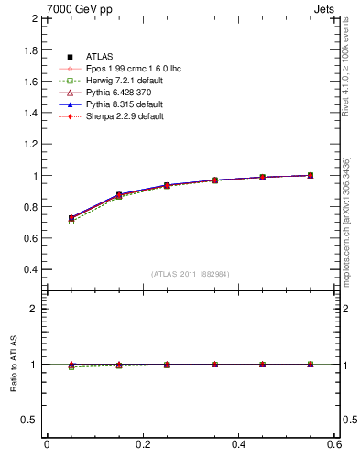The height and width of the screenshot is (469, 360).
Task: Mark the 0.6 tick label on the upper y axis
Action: click(x=29, y=239)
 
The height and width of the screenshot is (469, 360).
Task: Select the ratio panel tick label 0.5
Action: click(x=29, y=420)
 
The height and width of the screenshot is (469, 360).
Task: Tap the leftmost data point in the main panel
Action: click(x=71, y=218)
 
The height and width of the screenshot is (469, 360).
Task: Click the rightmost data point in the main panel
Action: click(x=311, y=175)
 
